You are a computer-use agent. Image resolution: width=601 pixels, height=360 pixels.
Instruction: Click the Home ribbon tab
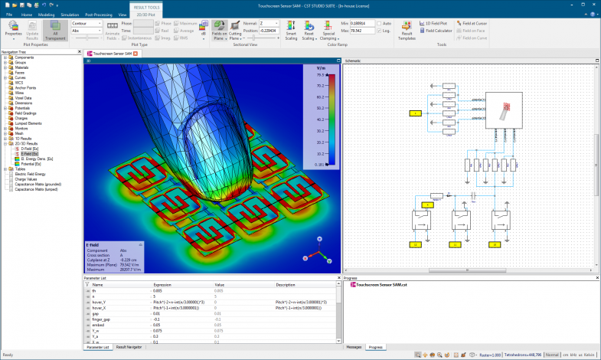pos(27,15)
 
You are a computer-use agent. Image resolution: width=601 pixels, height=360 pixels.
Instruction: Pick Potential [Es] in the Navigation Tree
pos(31,163)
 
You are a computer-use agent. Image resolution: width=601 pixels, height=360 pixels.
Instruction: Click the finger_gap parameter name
pos(101,319)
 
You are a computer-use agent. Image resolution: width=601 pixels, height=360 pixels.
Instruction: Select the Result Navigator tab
pos(130,347)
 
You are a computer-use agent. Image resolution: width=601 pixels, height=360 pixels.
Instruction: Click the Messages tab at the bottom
pos(354,347)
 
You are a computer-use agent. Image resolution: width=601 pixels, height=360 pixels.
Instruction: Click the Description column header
pos(286,284)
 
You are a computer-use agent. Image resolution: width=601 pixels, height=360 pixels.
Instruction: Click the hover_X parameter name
pos(100,307)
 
